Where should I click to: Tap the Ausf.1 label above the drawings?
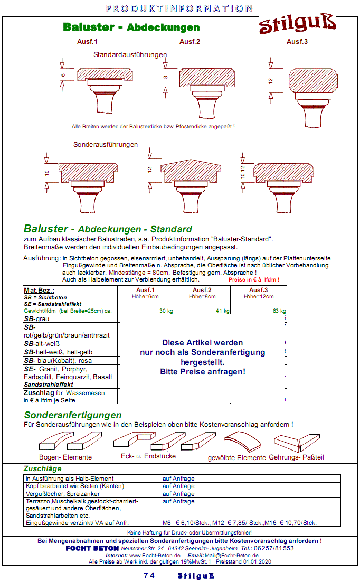pos(88,41)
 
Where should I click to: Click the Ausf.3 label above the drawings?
pos(297,41)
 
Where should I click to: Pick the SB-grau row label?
pos(40,320)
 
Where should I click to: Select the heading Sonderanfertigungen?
pos(73,415)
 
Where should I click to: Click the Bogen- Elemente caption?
pos(65,457)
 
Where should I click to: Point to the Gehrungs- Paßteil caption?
pos(296,457)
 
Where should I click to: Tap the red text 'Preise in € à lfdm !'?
pos(254,279)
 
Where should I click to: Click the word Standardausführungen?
pos(130,54)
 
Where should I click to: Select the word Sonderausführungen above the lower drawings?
pos(106,144)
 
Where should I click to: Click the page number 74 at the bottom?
pos(149,576)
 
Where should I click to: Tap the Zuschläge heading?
pos(43,468)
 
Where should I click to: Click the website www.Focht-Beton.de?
pos(155,556)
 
